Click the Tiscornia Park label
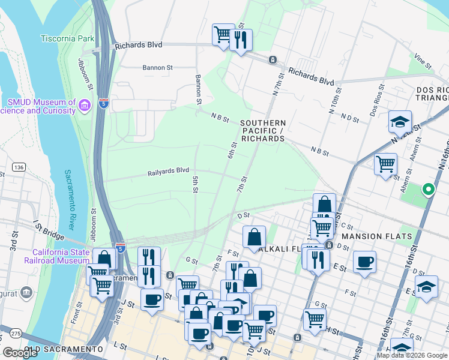point(68,38)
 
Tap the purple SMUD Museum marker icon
point(85,106)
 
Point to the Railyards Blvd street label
point(169,172)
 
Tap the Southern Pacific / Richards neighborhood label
point(262,131)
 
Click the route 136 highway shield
point(17,167)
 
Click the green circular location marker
point(428,190)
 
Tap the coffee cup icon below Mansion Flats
point(364,262)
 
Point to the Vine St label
point(423,61)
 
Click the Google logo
point(20,353)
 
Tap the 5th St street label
point(195,185)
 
